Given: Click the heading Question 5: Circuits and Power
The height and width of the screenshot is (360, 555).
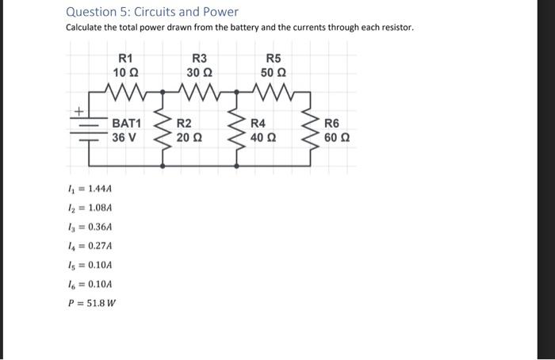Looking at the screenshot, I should tap(151, 12).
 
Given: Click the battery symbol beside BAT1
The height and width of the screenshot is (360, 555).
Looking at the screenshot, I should tap(90, 131).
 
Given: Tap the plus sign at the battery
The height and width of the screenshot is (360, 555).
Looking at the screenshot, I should tap(77, 112).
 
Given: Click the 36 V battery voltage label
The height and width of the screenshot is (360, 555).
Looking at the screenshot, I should tap(124, 137).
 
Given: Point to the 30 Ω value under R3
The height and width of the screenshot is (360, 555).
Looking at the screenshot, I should tap(199, 73).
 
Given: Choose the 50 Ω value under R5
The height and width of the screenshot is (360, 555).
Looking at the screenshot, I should tap(273, 73).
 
